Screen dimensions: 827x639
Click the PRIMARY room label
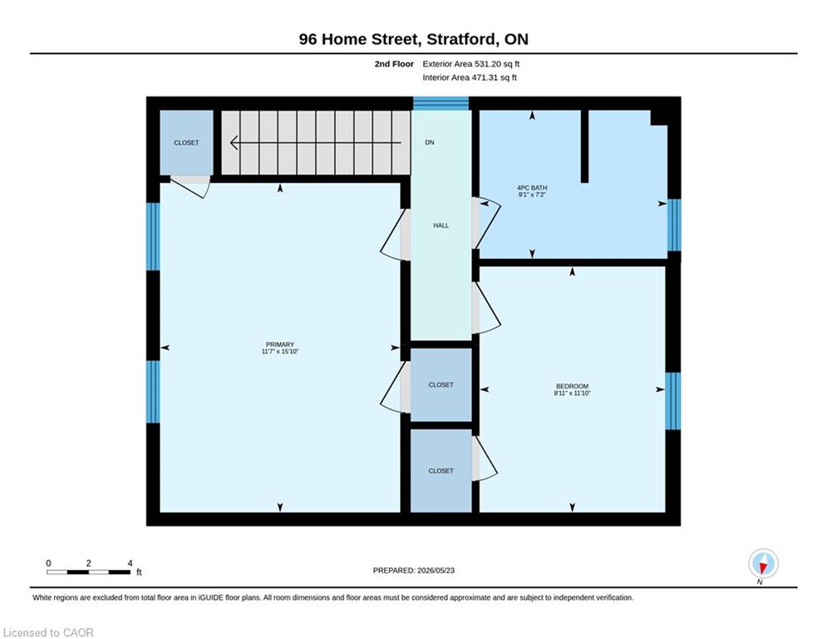280,344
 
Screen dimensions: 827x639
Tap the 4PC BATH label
532,187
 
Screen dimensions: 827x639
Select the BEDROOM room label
573,386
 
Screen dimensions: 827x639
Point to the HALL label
441,225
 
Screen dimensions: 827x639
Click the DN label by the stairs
430,142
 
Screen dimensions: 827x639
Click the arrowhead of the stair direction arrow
234,142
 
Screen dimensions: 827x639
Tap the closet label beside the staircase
187,142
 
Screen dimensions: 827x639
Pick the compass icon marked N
763,563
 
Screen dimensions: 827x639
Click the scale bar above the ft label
89,572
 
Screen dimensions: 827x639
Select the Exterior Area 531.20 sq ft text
471,64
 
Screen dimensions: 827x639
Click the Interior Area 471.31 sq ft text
470,77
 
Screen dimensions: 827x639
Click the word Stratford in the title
461,39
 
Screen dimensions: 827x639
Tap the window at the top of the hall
441,103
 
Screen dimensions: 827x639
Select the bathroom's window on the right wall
674,225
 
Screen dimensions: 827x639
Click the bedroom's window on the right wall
673,401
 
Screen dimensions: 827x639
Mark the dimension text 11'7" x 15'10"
280,351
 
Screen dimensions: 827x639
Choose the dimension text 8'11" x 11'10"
573,393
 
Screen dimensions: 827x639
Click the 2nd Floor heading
394,64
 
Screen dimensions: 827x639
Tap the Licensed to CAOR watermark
48,632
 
